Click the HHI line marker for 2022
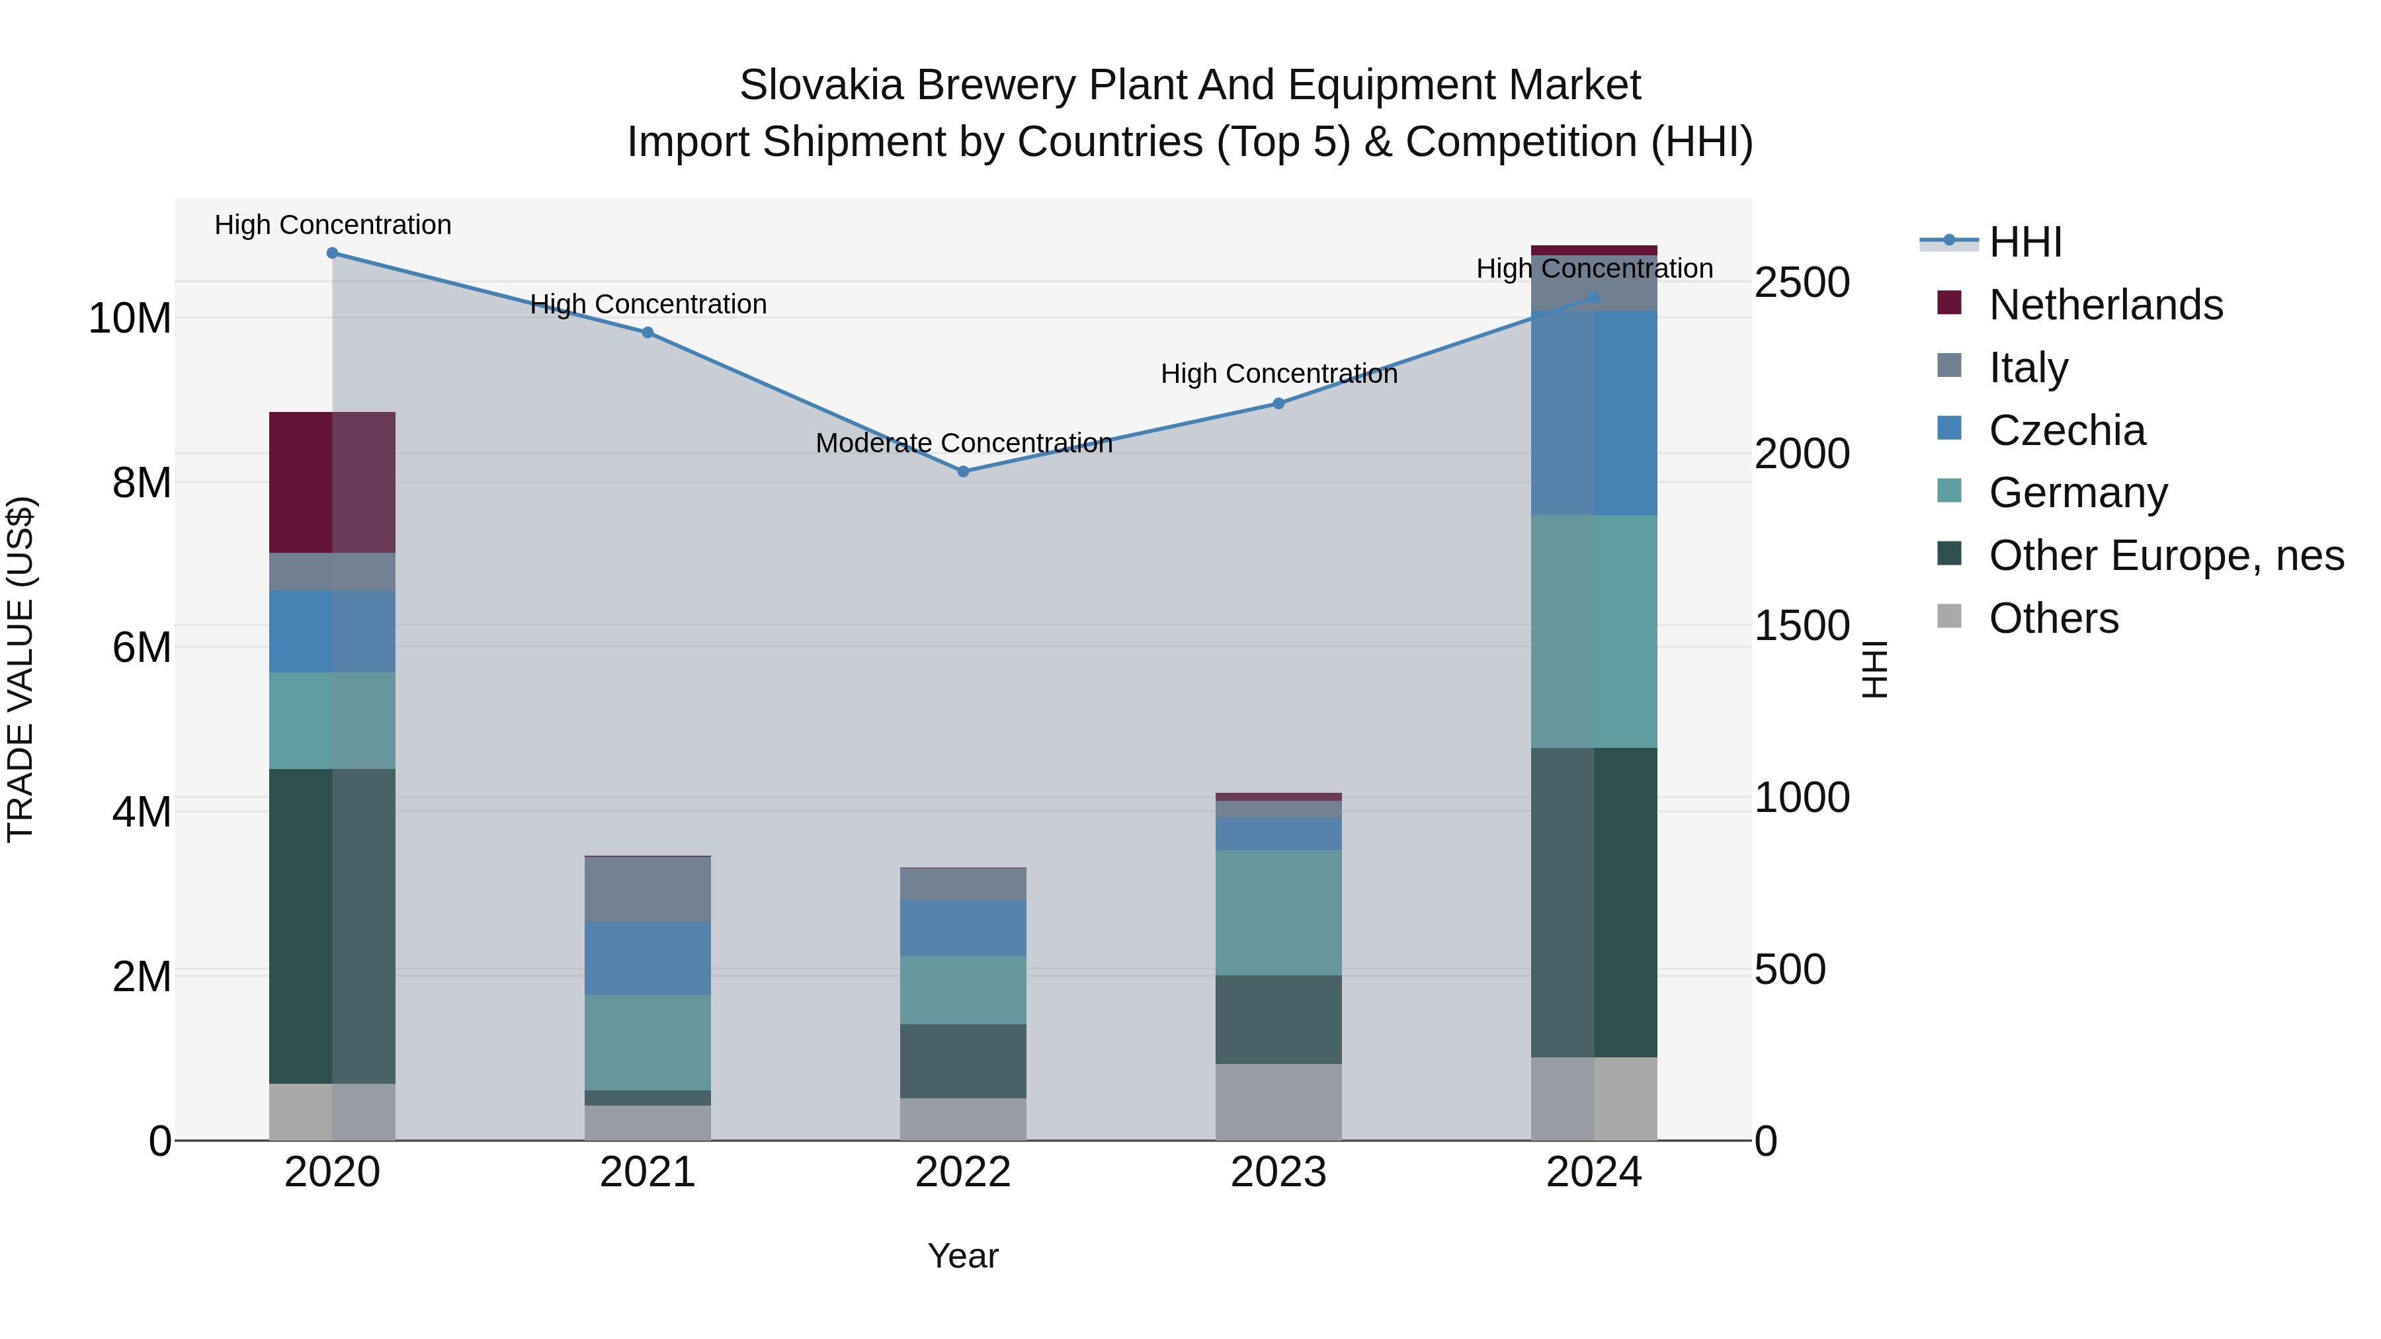click(963, 471)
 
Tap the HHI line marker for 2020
click(333, 253)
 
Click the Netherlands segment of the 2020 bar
click(332, 483)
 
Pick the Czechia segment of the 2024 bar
click(1595, 413)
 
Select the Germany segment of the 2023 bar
click(1278, 913)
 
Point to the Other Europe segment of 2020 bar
click(332, 926)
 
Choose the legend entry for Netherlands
click(2106, 305)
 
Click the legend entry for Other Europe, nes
click(2165, 556)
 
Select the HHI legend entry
click(2025, 242)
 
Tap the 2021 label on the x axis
click(648, 1172)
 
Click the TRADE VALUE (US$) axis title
click(21, 669)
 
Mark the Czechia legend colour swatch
click(1949, 428)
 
